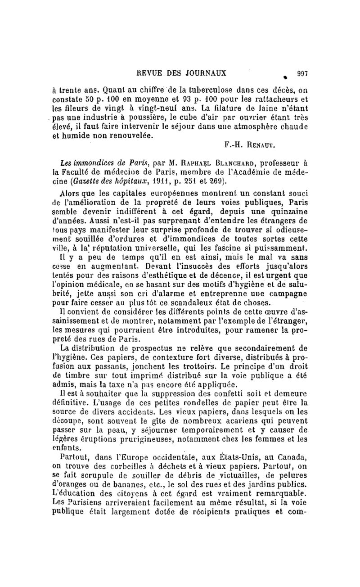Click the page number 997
click(x=301, y=72)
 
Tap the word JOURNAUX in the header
click(x=205, y=72)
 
